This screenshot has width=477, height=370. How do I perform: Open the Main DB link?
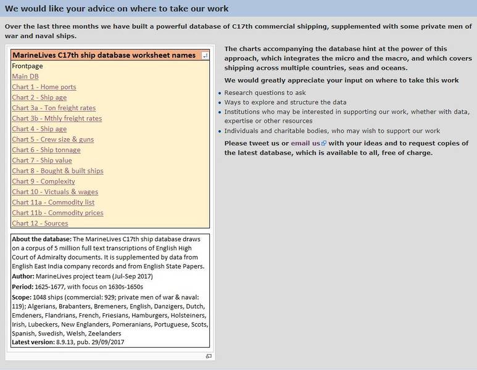pyautogui.click(x=25, y=76)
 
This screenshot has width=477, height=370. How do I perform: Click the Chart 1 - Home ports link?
pyautogui.click(x=44, y=87)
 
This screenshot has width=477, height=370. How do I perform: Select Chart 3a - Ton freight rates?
pyautogui.click(x=54, y=108)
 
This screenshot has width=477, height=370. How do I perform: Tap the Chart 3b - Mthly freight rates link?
pyautogui.click(x=57, y=118)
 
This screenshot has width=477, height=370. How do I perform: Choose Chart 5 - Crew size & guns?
pyautogui.click(x=52, y=139)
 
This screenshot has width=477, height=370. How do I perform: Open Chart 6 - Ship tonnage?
pyautogui.click(x=46, y=150)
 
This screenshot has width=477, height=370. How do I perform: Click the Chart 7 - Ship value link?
pyautogui.click(x=41, y=160)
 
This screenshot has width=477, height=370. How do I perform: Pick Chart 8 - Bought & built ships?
pyautogui.click(x=57, y=171)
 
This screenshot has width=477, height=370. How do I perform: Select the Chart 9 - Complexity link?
pyautogui.click(x=43, y=181)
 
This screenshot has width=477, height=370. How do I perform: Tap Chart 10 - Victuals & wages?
pyautogui.click(x=55, y=192)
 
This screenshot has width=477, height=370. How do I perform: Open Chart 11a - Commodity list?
pyautogui.click(x=53, y=202)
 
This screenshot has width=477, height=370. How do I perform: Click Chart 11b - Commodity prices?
pyautogui.click(x=57, y=213)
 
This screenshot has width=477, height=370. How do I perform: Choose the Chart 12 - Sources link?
pyautogui.click(x=40, y=223)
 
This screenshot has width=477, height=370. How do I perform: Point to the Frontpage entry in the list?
pyautogui.click(x=27, y=66)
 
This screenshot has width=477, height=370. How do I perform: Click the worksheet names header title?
pyautogui.click(x=104, y=55)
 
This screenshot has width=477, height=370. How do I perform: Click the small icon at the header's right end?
pyautogui.click(x=205, y=55)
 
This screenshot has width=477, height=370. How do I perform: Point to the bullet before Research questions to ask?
pyautogui.click(x=220, y=94)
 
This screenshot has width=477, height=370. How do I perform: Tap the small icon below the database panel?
pyautogui.click(x=209, y=356)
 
